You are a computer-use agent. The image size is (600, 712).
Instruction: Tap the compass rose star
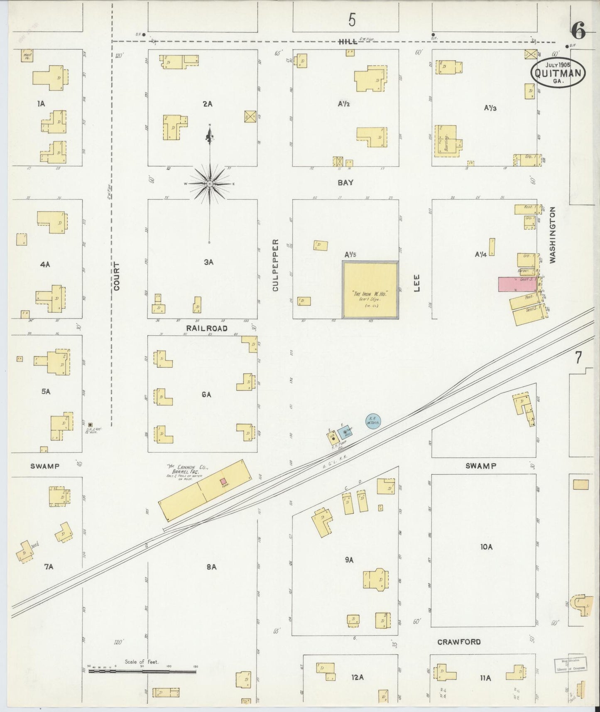click(x=210, y=183)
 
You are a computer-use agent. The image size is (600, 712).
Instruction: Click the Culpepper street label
click(x=276, y=265)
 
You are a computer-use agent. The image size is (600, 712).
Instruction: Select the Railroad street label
click(x=207, y=328)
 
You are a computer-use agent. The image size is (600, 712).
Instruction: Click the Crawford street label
click(x=459, y=642)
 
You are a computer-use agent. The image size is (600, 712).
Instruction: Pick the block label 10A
click(x=486, y=547)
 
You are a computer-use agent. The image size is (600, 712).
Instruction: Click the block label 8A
click(x=211, y=566)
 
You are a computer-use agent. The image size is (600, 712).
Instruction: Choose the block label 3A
click(x=208, y=262)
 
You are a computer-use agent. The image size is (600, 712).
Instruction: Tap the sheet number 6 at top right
click(x=578, y=31)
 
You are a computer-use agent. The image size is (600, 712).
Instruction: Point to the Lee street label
click(x=416, y=283)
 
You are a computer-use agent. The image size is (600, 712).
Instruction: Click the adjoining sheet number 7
click(x=578, y=358)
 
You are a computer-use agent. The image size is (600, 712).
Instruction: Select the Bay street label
click(x=345, y=182)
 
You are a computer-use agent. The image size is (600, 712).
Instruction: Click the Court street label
click(x=117, y=276)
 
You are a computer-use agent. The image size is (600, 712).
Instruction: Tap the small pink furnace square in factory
click(x=223, y=481)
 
